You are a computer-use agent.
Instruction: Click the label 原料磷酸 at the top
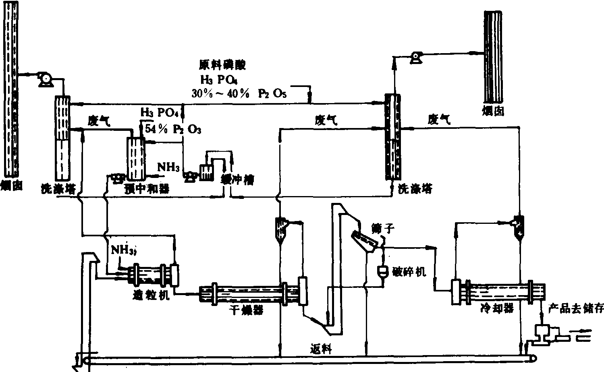pos(222,64)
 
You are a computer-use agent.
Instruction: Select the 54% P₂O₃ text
pos(172,130)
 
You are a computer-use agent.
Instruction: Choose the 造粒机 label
pos(151,296)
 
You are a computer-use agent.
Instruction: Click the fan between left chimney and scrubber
pos(43,79)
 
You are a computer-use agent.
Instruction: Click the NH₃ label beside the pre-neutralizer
pos(168,167)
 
